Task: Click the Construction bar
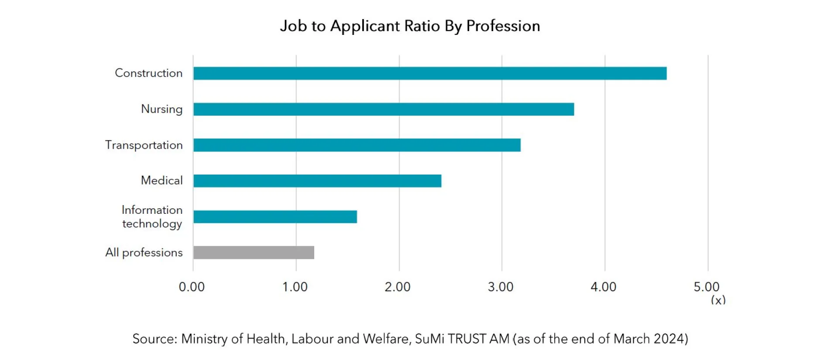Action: pyautogui.click(x=430, y=73)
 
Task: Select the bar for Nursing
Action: pyautogui.click(x=384, y=109)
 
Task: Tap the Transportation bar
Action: pyautogui.click(x=357, y=145)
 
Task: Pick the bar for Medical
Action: pyautogui.click(x=317, y=181)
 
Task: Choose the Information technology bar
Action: pyautogui.click(x=275, y=217)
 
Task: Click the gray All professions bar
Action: pyautogui.click(x=254, y=253)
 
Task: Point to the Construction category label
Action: pyautogui.click(x=148, y=73)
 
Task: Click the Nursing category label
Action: pyautogui.click(x=161, y=109)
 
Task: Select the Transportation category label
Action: pyautogui.click(x=144, y=145)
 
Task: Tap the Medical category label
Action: pyautogui.click(x=161, y=181)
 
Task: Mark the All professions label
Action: pyautogui.click(x=144, y=253)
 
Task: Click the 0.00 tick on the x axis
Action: pyautogui.click(x=192, y=287)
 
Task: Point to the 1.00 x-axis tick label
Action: pyautogui.click(x=295, y=287)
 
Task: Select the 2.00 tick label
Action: pyautogui.click(x=398, y=287)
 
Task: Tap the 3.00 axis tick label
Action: pyautogui.click(x=501, y=287)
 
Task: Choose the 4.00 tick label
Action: pyautogui.click(x=604, y=287)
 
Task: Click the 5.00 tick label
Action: pyautogui.click(x=707, y=287)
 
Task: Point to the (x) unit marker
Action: pyautogui.click(x=718, y=300)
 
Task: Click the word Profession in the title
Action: pyautogui.click(x=503, y=26)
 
